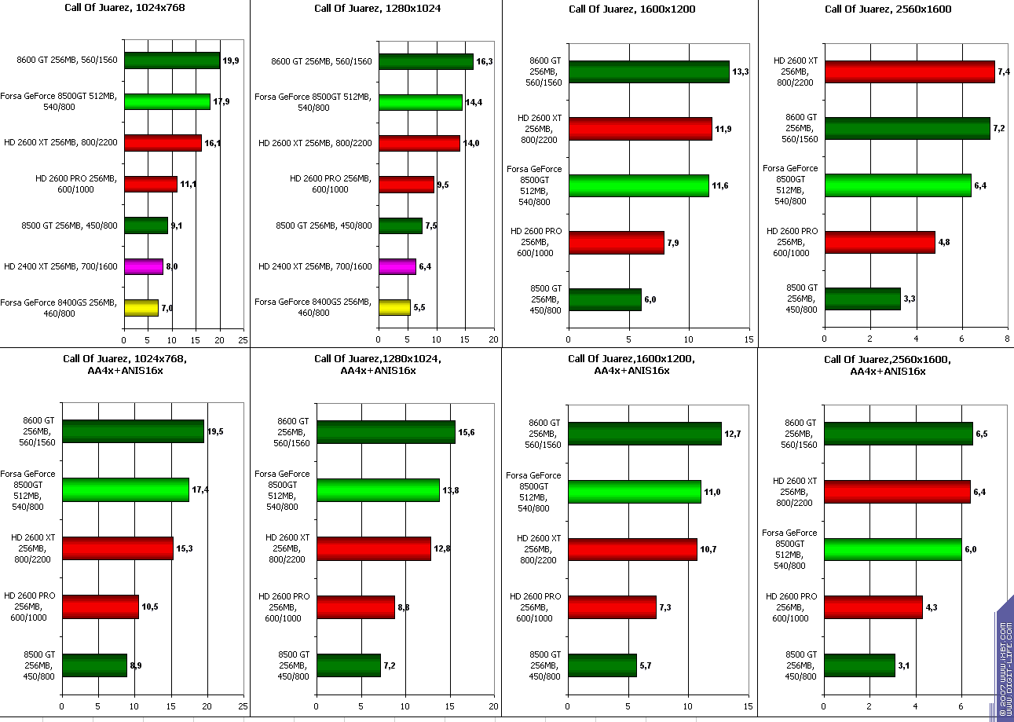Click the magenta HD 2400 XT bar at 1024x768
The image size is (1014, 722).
[x=143, y=266]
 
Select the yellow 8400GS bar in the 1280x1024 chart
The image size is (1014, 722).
[x=394, y=307]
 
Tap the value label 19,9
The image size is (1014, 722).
[x=231, y=60]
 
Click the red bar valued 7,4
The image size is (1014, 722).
[x=909, y=71]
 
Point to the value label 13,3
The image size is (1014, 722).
[x=741, y=72]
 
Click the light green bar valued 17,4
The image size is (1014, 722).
[x=126, y=489]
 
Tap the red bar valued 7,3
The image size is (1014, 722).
[x=612, y=607]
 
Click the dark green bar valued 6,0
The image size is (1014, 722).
[x=605, y=299]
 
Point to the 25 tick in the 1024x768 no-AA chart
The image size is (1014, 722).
[x=243, y=339]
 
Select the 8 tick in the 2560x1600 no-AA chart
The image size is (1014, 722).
[x=1007, y=338]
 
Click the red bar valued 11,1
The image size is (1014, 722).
[x=150, y=184]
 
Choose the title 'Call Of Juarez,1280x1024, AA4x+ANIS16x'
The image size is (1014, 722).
[x=378, y=365]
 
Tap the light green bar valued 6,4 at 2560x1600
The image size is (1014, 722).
[x=897, y=185]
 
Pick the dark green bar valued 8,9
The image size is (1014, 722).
[x=94, y=665]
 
